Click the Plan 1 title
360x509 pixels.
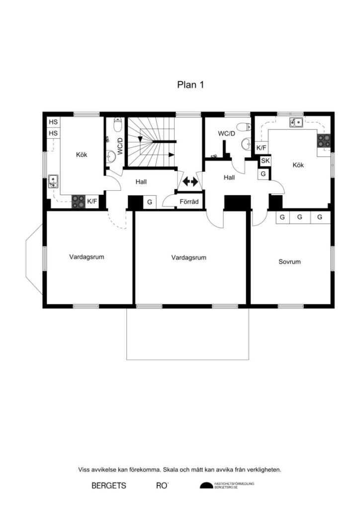(x=190, y=85)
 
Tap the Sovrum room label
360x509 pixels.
(x=289, y=261)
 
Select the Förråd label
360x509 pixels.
(x=189, y=202)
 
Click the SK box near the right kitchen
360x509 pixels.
(x=265, y=161)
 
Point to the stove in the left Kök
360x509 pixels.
(x=78, y=201)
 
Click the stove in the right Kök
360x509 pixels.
(x=324, y=141)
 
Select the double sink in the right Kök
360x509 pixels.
(x=297, y=122)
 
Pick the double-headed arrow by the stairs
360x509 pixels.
(x=190, y=182)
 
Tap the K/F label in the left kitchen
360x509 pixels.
(x=92, y=201)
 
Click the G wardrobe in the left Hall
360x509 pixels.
(x=149, y=202)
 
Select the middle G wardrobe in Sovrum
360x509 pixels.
(x=300, y=217)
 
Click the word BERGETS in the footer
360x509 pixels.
(x=109, y=486)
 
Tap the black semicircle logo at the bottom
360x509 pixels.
(x=206, y=485)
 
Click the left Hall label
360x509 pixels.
(x=141, y=182)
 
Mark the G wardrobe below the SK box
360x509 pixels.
(x=262, y=174)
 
